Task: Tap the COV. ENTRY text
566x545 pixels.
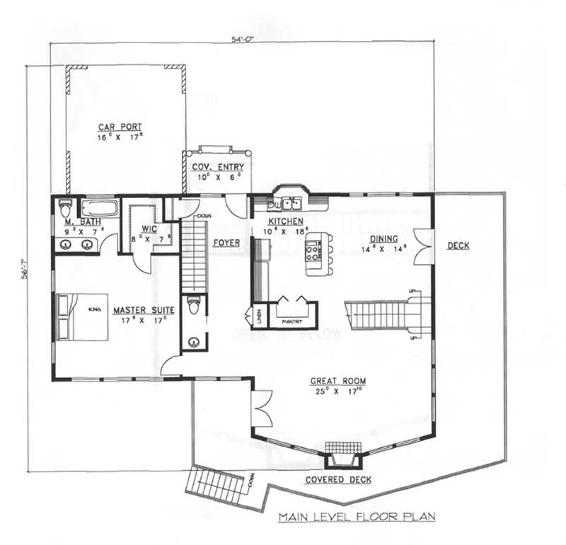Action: [218, 167]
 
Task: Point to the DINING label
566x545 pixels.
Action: [383, 239]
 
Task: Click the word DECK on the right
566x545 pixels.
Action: [458, 246]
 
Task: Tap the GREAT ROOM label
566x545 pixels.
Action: [337, 381]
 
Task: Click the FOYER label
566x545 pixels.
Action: [226, 243]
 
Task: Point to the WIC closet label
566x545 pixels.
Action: [149, 229]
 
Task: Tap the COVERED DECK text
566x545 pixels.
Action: [338, 480]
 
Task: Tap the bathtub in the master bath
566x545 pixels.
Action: [98, 208]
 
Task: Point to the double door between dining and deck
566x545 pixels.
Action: [423, 245]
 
